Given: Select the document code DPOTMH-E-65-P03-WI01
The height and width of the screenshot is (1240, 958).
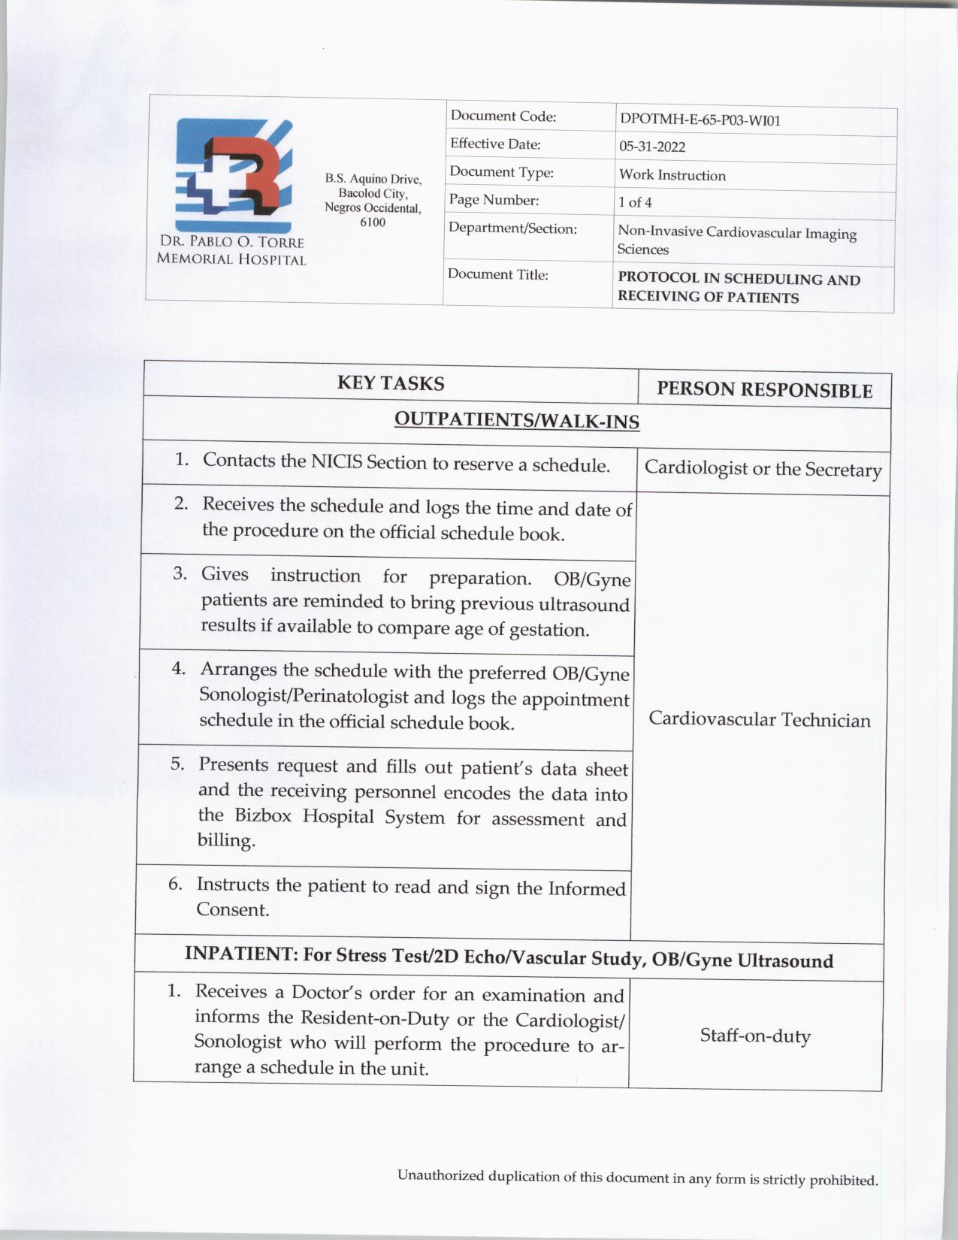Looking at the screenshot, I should [700, 120].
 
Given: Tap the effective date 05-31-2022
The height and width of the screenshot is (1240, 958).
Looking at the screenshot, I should [652, 147].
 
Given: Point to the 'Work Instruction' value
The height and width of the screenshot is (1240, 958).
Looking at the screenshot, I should [672, 176].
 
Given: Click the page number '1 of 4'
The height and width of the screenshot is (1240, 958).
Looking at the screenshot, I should [635, 202].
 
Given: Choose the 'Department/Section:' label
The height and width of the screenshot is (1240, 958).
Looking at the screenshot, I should [512, 228].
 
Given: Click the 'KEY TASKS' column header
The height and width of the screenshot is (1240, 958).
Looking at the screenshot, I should [391, 383].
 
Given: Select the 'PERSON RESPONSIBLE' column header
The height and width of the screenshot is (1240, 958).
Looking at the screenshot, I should [764, 389].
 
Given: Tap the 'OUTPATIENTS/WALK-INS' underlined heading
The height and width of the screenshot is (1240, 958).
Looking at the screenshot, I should [517, 419].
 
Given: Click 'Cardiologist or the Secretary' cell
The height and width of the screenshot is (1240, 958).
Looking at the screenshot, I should [763, 469].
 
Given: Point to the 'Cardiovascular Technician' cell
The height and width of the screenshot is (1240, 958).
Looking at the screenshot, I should [760, 719].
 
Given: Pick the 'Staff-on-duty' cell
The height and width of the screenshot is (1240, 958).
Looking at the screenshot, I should [755, 1036].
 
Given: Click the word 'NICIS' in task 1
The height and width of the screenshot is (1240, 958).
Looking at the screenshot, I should [337, 461].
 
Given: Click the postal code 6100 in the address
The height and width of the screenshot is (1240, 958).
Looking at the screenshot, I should [373, 222].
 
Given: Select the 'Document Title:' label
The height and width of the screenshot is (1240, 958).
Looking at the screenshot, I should [498, 274].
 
